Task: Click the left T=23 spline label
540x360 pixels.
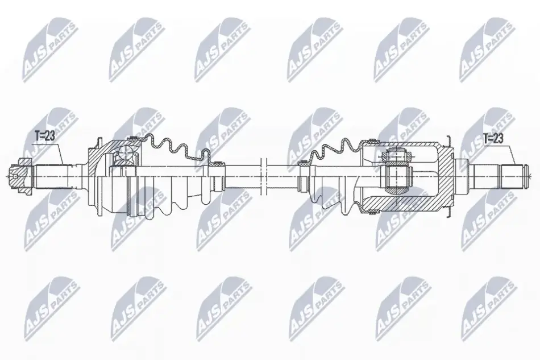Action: tap(45, 136)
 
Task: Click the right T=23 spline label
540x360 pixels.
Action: tap(493, 139)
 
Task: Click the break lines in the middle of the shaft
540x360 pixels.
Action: tap(264, 176)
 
